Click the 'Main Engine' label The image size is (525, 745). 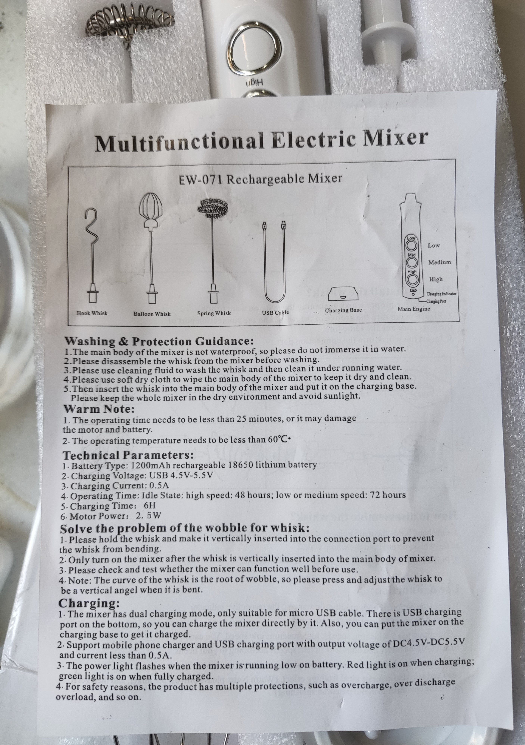point(414,309)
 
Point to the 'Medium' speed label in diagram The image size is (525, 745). point(439,262)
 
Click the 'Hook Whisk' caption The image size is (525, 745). point(92,313)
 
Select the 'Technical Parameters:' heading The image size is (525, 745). point(128,455)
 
